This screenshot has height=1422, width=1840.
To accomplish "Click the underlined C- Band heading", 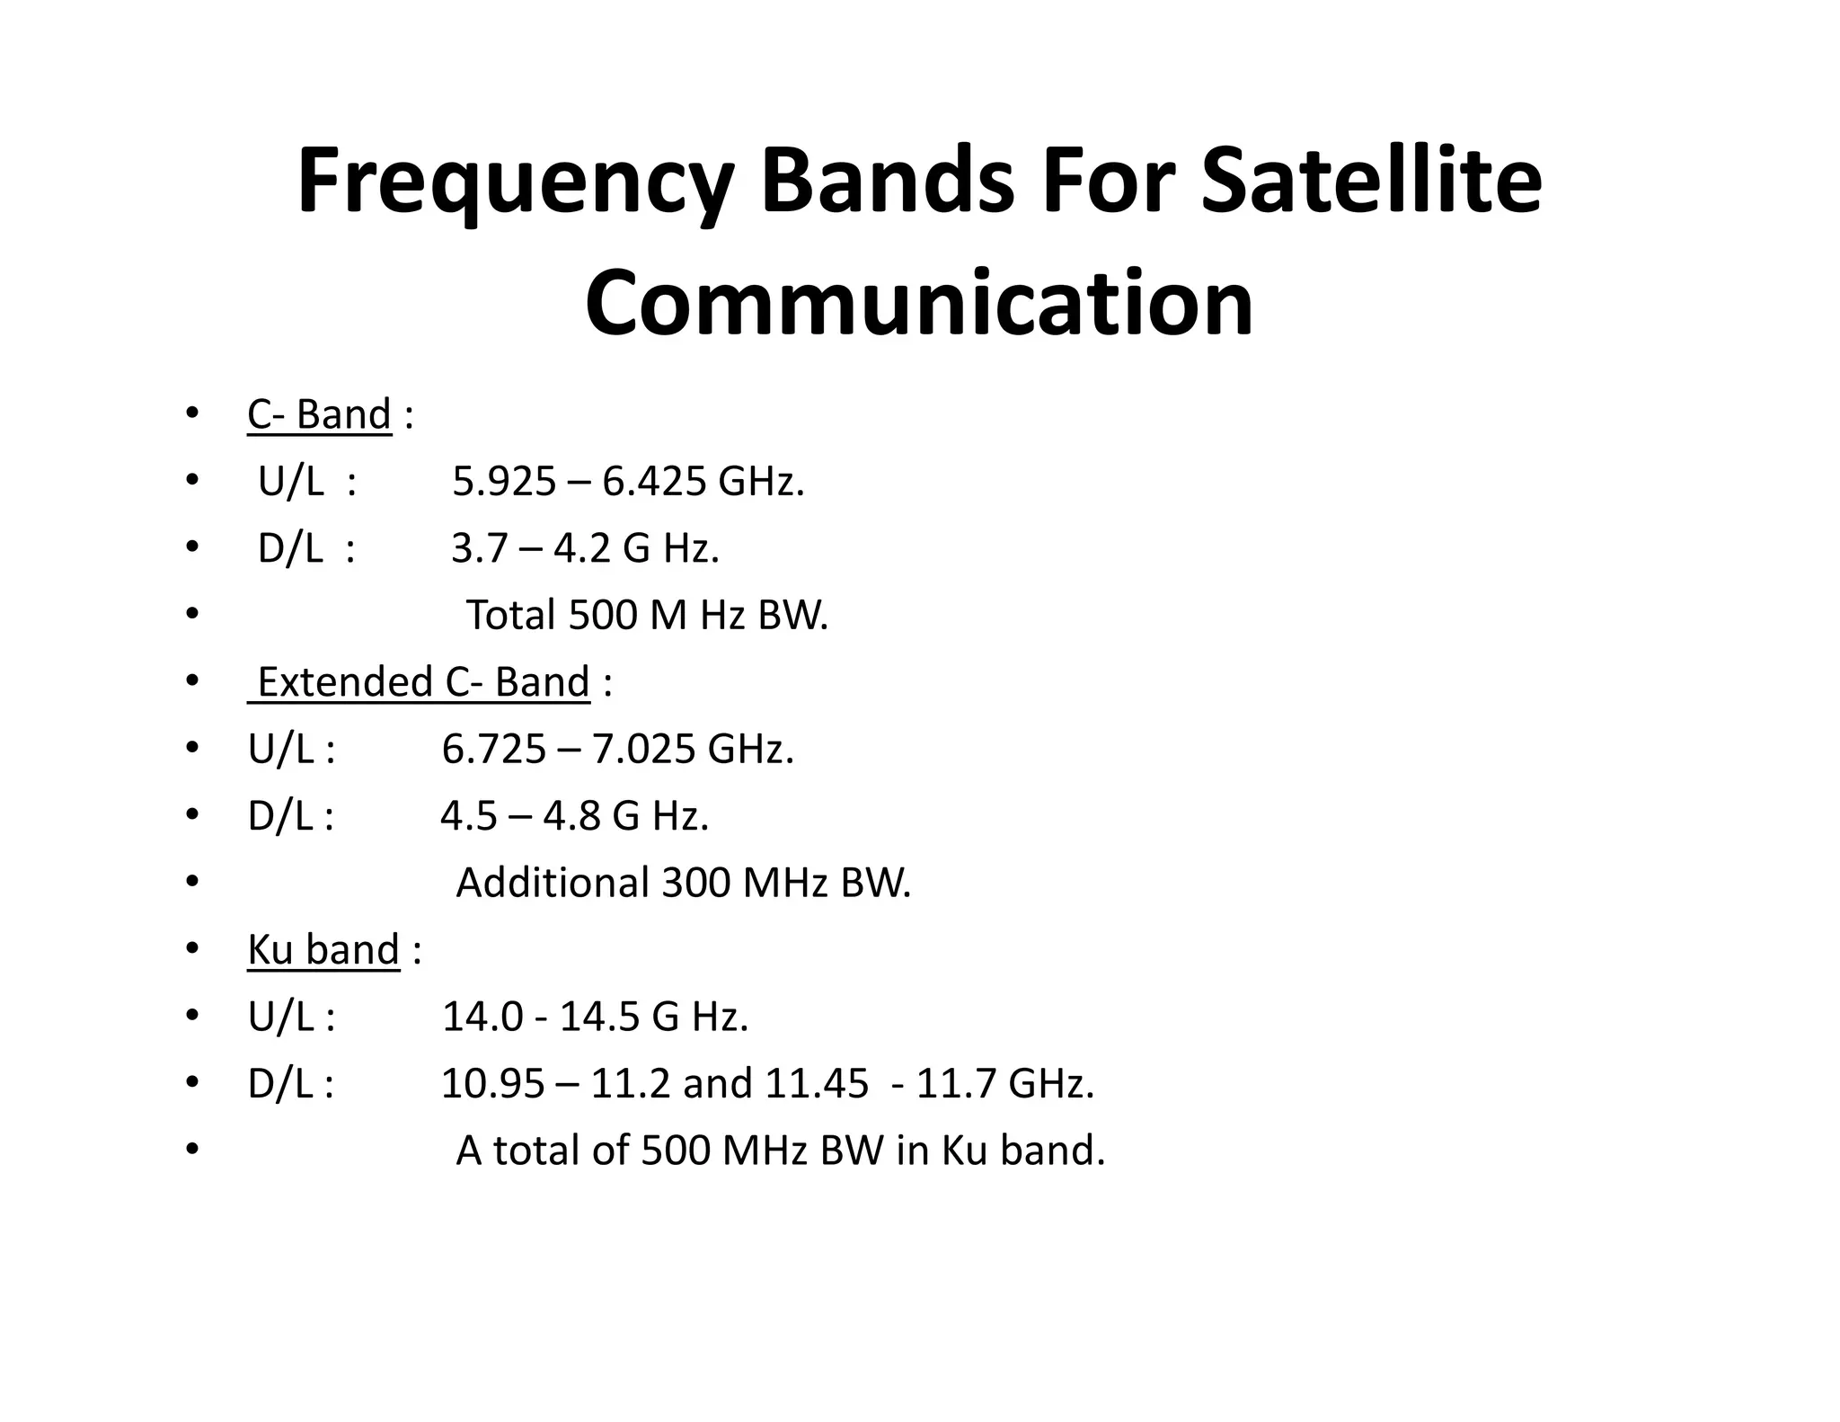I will (x=319, y=415).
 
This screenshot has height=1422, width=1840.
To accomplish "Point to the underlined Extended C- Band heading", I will (x=423, y=682).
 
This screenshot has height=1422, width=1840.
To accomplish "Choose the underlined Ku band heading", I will (x=323, y=950).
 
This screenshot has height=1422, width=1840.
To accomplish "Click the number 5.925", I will (x=504, y=482).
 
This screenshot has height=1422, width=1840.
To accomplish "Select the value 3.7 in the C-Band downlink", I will (x=480, y=548).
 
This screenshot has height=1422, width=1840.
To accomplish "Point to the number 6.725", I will (x=494, y=749).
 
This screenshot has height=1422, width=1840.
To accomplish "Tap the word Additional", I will (x=553, y=883).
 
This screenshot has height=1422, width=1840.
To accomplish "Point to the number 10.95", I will (x=492, y=1083).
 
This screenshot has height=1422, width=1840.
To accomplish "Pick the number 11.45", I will (x=816, y=1083).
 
